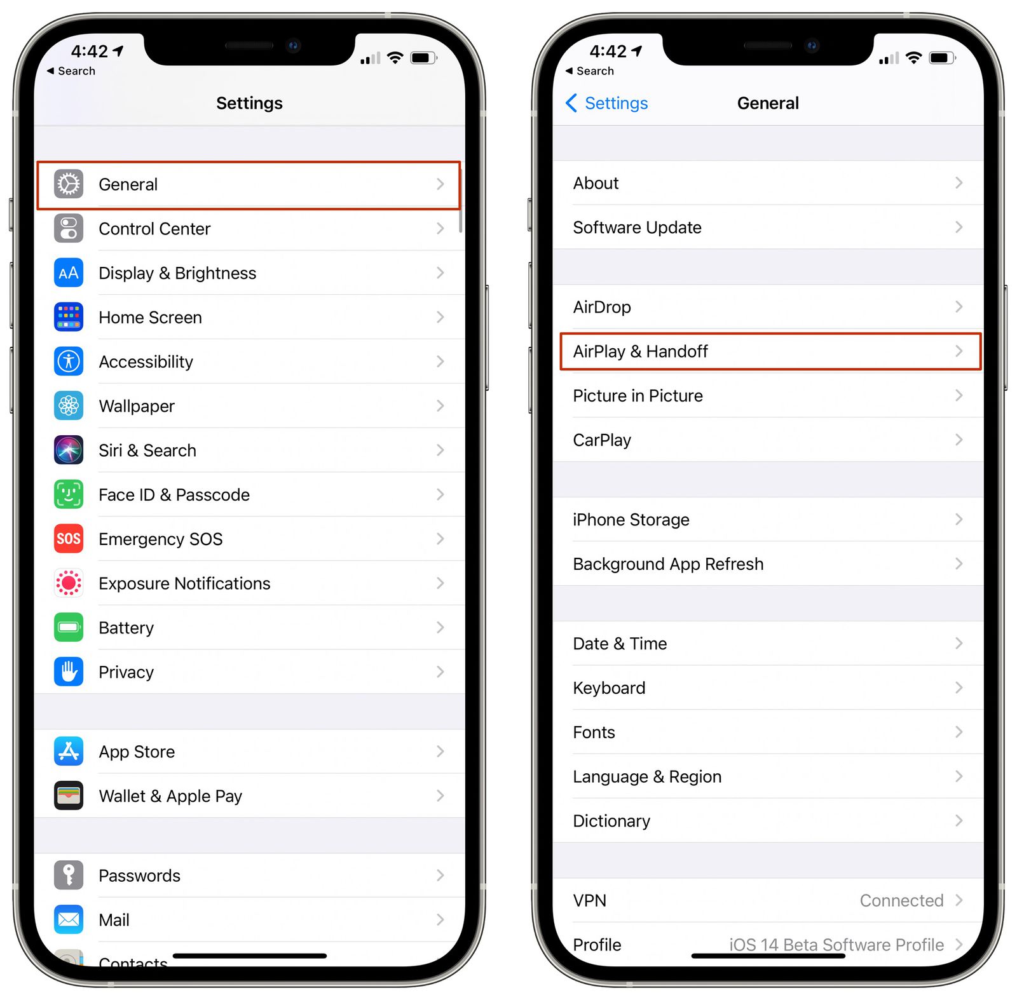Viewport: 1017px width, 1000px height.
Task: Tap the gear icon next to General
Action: [x=69, y=184]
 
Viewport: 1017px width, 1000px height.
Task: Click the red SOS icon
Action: [x=69, y=539]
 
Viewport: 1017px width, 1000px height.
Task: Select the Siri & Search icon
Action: [x=69, y=450]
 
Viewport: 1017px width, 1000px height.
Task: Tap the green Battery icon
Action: [x=69, y=628]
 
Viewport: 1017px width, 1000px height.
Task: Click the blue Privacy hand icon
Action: [x=69, y=672]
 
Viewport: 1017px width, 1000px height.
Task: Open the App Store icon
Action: [x=69, y=752]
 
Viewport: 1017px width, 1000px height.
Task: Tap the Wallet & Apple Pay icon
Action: [x=69, y=796]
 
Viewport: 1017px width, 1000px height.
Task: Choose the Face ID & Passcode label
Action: [x=174, y=495]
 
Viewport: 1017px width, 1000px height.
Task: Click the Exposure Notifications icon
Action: [x=69, y=583]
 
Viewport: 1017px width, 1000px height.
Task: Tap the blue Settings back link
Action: [x=608, y=103]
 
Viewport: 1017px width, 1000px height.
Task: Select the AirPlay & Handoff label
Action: [x=640, y=351]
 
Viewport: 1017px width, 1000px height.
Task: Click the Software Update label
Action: [x=637, y=227]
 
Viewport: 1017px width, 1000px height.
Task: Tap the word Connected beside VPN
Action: [x=901, y=900]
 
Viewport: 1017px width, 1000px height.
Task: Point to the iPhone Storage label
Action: [x=631, y=520]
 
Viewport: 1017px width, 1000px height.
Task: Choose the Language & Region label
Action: [x=647, y=776]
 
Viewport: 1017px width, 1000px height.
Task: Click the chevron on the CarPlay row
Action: [x=959, y=440]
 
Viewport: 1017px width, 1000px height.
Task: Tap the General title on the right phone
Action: [x=768, y=103]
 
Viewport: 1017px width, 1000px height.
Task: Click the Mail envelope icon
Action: [x=69, y=919]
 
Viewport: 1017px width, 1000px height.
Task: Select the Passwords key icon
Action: [x=69, y=875]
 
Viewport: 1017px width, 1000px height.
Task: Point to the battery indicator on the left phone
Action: [x=423, y=58]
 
